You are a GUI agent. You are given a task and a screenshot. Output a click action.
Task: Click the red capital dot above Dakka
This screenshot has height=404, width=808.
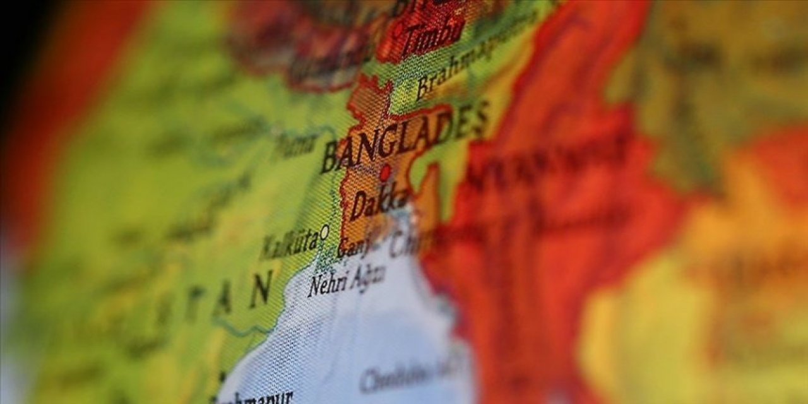point(384,172)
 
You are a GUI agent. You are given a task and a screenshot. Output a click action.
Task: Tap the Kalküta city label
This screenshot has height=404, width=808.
point(288,244)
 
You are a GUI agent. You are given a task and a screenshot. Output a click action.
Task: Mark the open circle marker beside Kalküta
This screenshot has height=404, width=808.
point(324,232)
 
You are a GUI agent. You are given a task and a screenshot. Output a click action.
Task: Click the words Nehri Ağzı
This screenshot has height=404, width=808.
point(346,280)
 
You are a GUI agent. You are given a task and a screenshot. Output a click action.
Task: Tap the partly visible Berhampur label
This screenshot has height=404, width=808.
point(252,398)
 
